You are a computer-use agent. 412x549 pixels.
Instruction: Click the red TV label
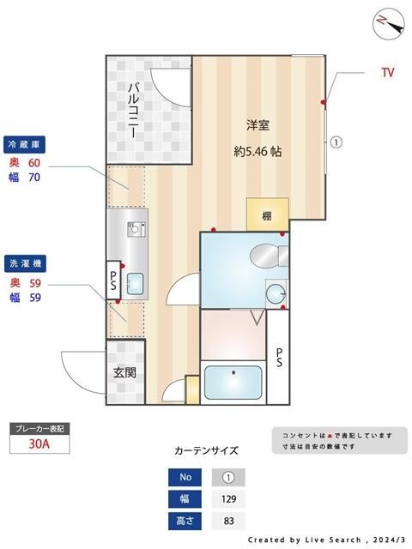388,73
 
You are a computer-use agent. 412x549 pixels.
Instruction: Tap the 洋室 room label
258,125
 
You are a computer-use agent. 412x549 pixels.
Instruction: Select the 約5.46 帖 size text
258,151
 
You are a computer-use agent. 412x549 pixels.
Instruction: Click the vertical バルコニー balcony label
136,112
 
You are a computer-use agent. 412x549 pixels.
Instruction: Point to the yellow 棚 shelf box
267,214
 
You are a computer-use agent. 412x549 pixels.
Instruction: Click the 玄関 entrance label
124,373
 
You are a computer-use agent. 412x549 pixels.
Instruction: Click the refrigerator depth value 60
35,162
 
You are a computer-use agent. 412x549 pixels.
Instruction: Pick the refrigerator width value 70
35,178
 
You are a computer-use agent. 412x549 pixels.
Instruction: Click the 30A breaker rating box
38,444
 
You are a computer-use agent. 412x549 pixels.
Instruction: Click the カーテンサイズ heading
206,450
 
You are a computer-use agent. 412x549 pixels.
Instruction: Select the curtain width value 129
228,499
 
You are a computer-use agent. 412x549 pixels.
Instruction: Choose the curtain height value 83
228,521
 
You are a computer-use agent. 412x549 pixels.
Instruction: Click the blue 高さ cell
184,521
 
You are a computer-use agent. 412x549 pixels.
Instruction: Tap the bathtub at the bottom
233,383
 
